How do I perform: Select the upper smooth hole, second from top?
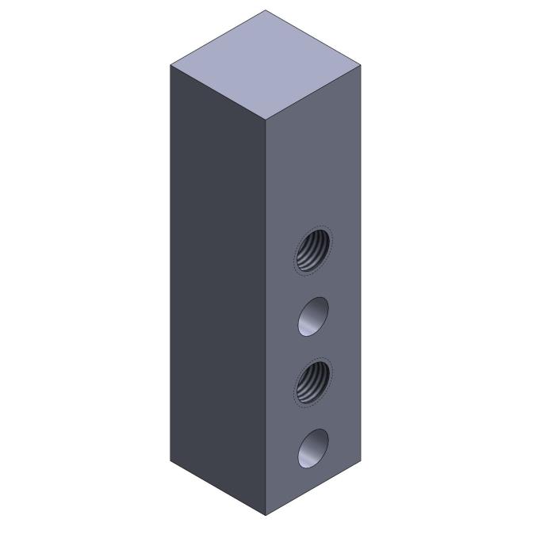[x=314, y=316]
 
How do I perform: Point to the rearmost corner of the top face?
[x=266, y=10]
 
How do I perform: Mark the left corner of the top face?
[x=170, y=65]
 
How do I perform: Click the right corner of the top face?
[x=361, y=65]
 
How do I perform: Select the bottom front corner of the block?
[x=266, y=515]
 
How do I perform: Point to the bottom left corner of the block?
[x=170, y=460]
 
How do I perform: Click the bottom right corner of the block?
[x=361, y=460]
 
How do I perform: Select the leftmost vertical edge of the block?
[x=170, y=261]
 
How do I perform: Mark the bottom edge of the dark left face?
[x=218, y=487]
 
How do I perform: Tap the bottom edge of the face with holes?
[x=313, y=487]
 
